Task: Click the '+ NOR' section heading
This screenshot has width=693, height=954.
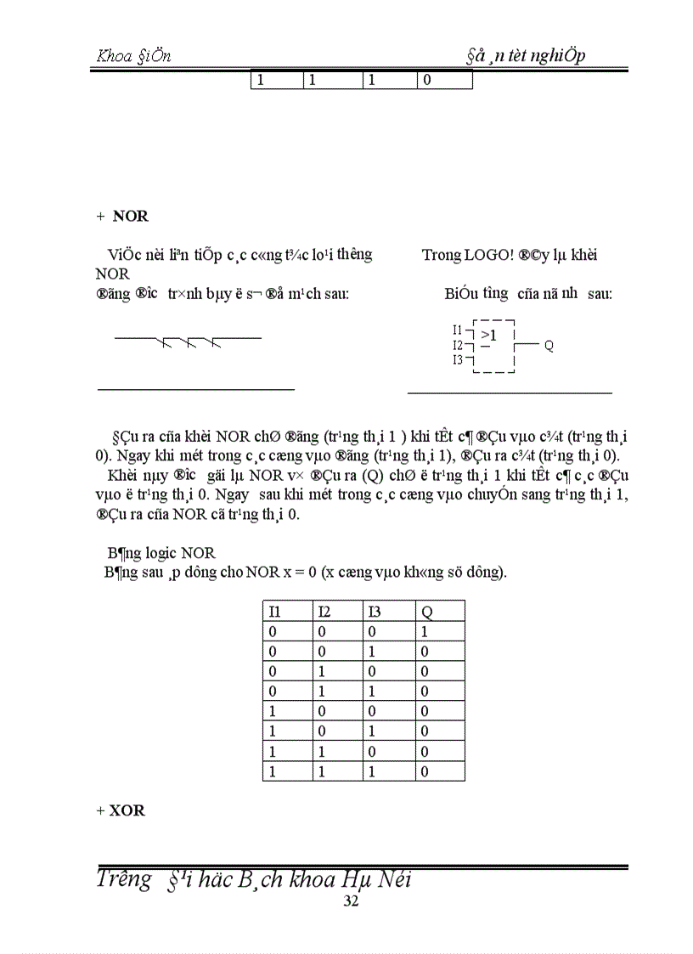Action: click(x=123, y=216)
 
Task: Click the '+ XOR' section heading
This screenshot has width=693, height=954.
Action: click(x=121, y=810)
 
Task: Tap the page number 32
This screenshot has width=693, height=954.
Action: click(x=351, y=901)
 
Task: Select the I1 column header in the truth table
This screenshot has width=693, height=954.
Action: click(x=274, y=611)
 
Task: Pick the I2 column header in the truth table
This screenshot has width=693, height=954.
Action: click(x=324, y=611)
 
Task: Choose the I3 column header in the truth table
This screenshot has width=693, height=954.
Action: click(x=375, y=611)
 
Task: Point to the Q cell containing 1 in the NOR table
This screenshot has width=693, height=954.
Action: click(x=425, y=632)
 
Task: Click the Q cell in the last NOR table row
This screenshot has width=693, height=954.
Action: click(x=425, y=771)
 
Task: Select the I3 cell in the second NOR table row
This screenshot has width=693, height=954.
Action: click(x=375, y=652)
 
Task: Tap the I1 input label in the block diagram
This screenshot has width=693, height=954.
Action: click(x=458, y=330)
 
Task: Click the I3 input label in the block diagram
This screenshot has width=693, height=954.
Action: click(x=458, y=360)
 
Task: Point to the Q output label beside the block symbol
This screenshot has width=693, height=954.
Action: click(x=549, y=346)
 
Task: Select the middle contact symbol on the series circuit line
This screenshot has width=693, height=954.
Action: click(x=191, y=343)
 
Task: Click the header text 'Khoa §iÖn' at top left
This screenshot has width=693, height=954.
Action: click(x=134, y=56)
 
